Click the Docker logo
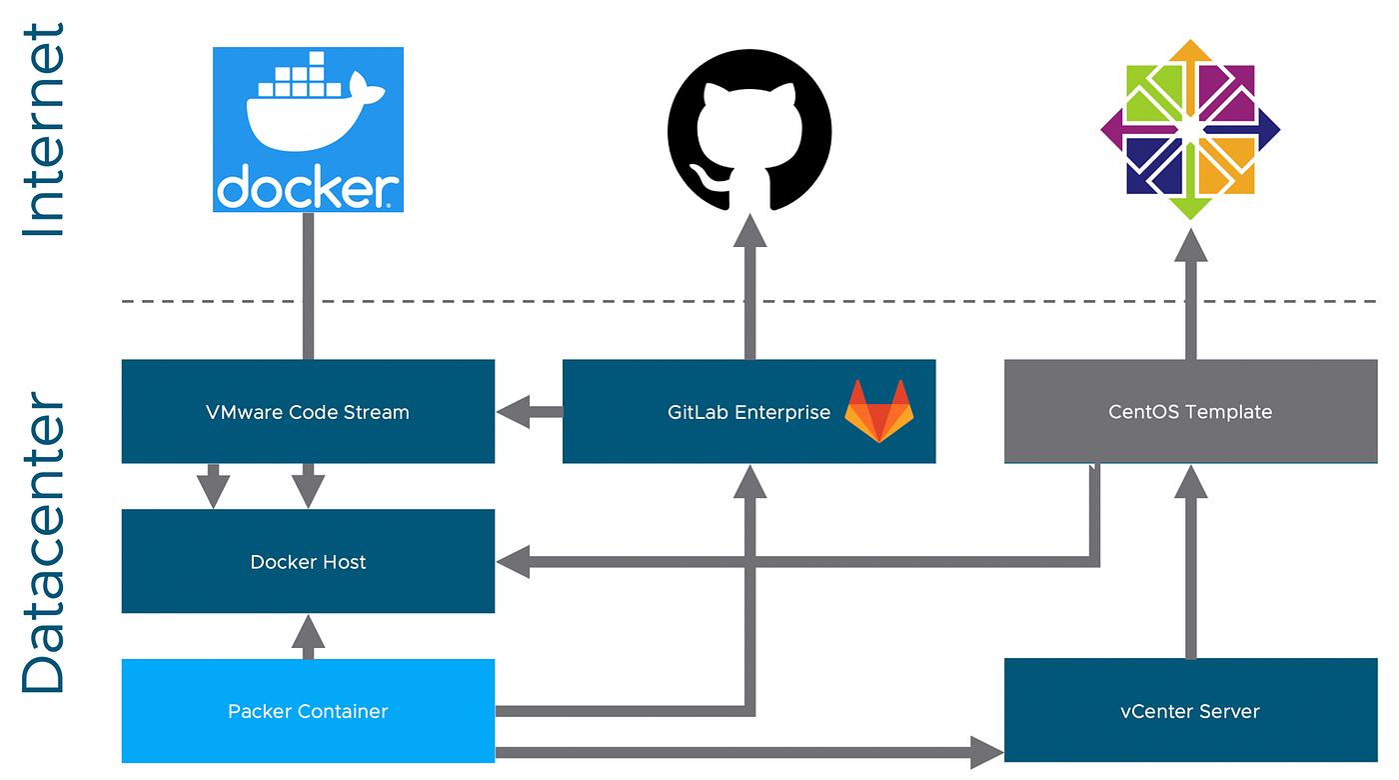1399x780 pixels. pos(308,129)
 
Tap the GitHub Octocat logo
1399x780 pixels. pos(749,130)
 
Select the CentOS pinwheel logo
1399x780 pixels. pos(1190,129)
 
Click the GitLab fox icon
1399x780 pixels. pos(879,411)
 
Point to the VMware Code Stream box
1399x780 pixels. pos(308,411)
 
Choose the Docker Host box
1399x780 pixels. pos(308,561)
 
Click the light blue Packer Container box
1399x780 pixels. pos(308,711)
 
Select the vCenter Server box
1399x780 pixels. pos(1190,710)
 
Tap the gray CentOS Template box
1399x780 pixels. pos(1190,411)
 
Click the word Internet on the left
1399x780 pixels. pos(44,130)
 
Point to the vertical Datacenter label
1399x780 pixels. pos(44,542)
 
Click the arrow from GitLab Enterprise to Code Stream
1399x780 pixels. pos(530,412)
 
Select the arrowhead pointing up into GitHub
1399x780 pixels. pos(749,230)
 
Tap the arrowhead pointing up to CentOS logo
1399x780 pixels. pos(1190,244)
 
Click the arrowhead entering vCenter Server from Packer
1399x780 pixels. pos(987,752)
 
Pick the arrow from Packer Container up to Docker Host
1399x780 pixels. pos(308,637)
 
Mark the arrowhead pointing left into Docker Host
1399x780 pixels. pos(514,562)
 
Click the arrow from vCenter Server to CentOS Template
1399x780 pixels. pos(1190,561)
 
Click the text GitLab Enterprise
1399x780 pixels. pos(748,412)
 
